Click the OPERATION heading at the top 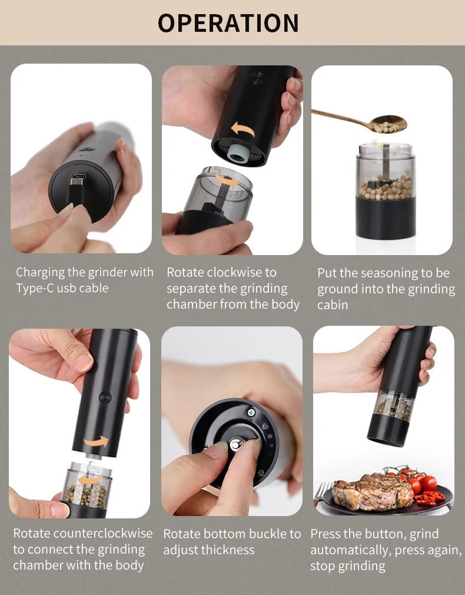click(228, 22)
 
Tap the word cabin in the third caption click(333, 305)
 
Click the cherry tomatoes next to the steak click(421, 482)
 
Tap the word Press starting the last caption click(325, 534)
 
